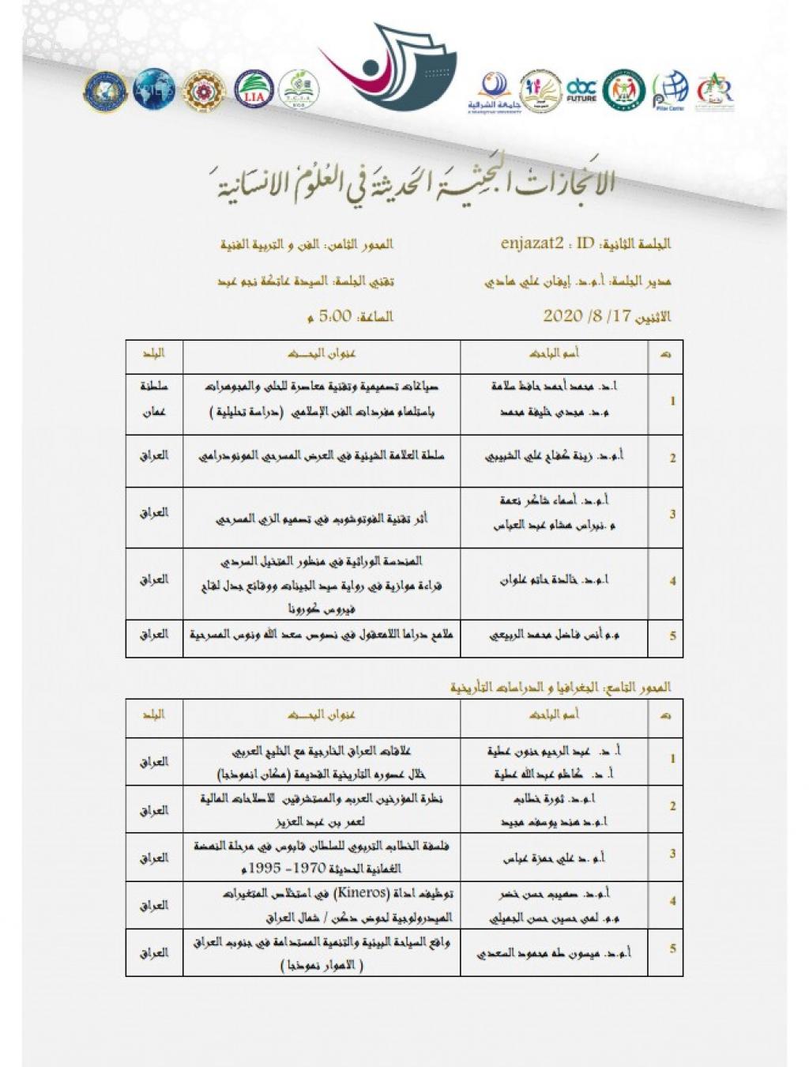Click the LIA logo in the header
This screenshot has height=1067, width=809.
click(253, 89)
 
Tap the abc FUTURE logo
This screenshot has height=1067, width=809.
click(581, 89)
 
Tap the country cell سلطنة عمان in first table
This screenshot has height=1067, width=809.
click(154, 400)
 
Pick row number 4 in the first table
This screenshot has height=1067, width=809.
click(672, 581)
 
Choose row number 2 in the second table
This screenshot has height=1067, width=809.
click(672, 806)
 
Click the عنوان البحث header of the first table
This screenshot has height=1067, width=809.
click(322, 355)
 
